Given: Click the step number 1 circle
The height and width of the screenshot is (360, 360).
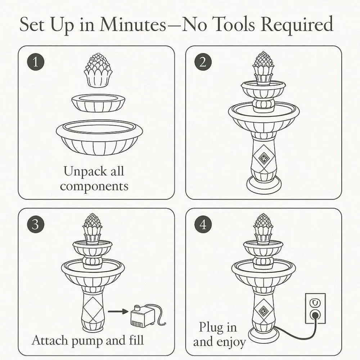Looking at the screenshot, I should [35, 62].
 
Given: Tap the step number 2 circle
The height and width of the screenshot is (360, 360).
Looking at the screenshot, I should [203, 62].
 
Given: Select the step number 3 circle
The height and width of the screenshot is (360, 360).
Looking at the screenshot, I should [35, 225].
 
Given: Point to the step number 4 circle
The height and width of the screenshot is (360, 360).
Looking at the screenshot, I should [203, 225].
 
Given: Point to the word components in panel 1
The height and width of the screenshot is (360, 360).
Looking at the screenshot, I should [94, 186].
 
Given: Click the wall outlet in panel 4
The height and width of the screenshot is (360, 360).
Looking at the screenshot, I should [315, 308].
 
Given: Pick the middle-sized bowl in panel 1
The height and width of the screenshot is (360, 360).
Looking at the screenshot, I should [98, 103].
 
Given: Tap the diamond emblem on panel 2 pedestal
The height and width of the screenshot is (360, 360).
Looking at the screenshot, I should [264, 158].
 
